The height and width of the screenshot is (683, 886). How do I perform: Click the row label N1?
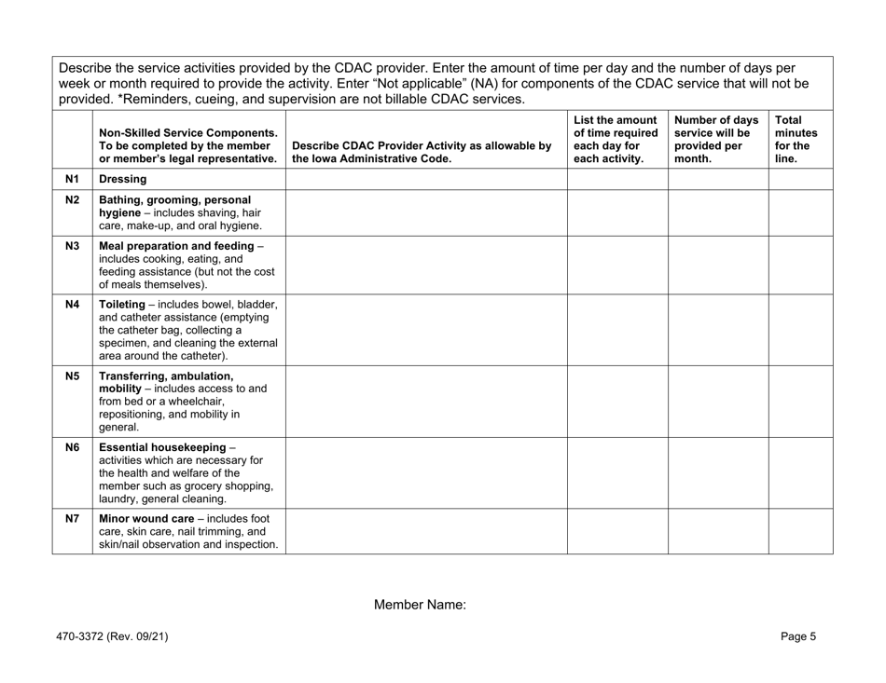pyautogui.click(x=72, y=178)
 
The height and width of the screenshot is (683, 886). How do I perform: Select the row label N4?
pyautogui.click(x=72, y=305)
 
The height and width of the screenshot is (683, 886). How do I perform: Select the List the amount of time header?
pyautogui.click(x=616, y=139)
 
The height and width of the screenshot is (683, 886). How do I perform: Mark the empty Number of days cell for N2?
pyautogui.click(x=717, y=212)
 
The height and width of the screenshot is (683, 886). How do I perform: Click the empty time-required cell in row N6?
pyautogui.click(x=617, y=472)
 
